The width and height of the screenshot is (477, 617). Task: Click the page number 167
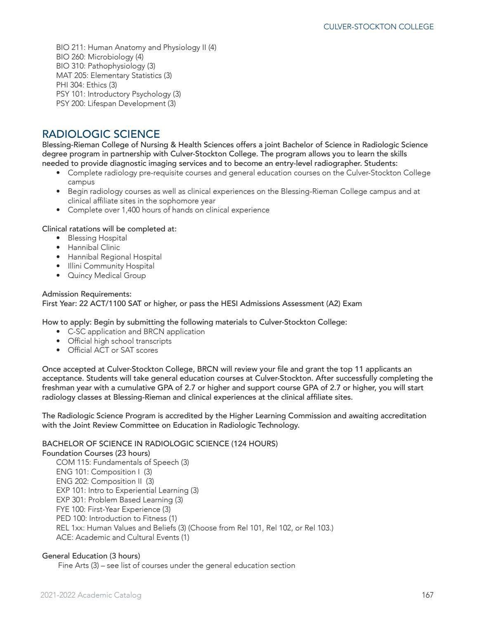(427, 595)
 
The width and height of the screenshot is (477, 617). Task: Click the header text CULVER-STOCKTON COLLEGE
(378, 27)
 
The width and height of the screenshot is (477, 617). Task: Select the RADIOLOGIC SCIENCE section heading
(101, 134)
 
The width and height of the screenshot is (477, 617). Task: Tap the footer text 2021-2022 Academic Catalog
(91, 595)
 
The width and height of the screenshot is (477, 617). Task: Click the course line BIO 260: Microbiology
(99, 57)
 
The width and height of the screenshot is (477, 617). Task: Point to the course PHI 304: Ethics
(86, 85)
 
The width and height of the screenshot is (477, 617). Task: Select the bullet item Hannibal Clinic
(94, 247)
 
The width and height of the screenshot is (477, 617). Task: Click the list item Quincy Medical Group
(106, 276)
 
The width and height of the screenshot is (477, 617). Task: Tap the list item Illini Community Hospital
(111, 266)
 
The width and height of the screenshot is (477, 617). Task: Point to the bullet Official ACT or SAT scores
(113, 350)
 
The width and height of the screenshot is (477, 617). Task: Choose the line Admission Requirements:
(87, 294)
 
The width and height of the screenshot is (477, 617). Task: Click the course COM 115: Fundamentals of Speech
(122, 462)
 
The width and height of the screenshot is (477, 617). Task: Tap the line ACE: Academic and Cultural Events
(122, 537)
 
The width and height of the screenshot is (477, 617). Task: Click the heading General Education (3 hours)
(91, 556)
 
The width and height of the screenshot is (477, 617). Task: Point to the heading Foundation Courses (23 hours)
(96, 453)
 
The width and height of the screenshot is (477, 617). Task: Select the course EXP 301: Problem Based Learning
(119, 500)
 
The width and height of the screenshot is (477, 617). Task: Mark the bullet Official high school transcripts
(119, 341)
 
